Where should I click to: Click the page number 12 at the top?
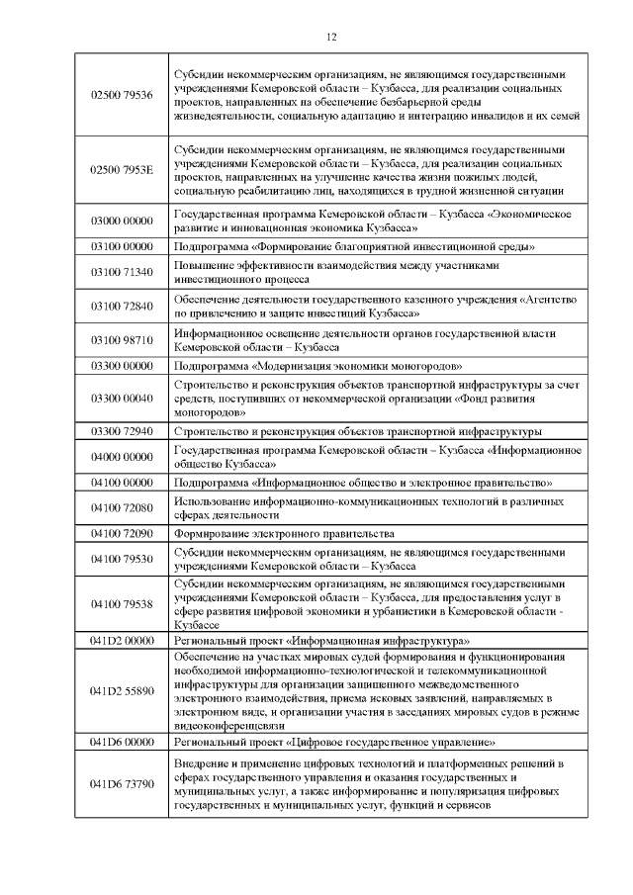pos(330,37)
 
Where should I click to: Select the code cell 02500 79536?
pos(122,94)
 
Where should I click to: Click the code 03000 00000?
pos(122,220)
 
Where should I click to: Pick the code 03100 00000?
pos(122,245)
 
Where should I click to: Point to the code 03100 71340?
pos(122,272)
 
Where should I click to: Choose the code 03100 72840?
pos(122,306)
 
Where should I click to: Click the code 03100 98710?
pos(122,340)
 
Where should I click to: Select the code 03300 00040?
pos(122,398)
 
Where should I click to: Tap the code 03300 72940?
pos(122,432)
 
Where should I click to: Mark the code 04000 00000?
pos(122,457)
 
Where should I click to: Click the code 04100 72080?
pos(122,508)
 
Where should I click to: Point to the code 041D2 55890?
pos(122,690)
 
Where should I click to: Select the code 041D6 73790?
pos(122,784)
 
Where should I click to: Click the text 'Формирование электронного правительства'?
pos(271,534)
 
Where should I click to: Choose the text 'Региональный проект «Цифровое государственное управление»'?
pos(334,741)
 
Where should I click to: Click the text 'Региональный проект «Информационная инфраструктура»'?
pos(321,641)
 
